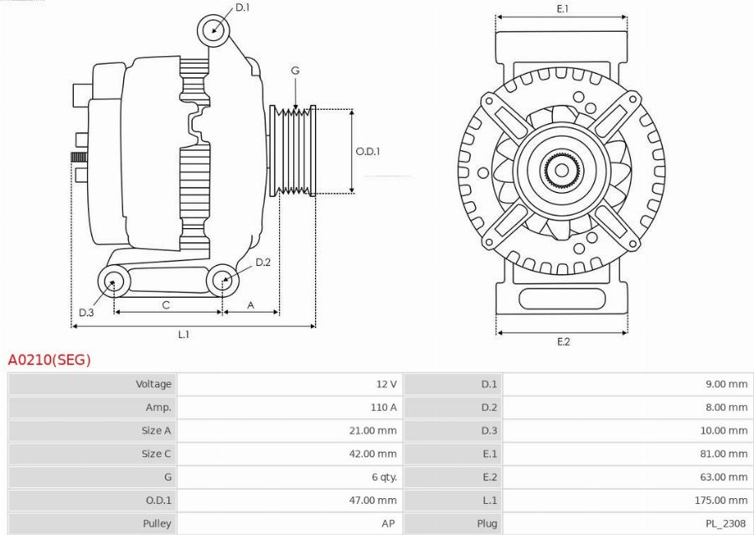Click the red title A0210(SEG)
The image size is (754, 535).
(49, 360)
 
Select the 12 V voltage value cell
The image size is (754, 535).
(386, 384)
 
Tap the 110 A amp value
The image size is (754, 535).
(383, 408)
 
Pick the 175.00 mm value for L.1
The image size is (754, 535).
(726, 501)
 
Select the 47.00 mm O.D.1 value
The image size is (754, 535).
(374, 501)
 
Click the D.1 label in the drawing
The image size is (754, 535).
(242, 8)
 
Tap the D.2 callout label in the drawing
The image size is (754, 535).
(263, 262)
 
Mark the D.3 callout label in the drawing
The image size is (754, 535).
(86, 313)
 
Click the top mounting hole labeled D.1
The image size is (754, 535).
(214, 30)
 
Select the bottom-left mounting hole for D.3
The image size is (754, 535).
(113, 281)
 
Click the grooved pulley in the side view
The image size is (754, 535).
(292, 152)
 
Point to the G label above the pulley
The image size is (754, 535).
(295, 71)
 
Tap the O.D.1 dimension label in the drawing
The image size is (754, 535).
(368, 152)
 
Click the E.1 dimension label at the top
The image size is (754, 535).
(563, 8)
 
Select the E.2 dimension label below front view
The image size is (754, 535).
(563, 341)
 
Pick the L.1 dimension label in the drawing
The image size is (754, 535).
(183, 335)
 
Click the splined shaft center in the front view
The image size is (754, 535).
(560, 170)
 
